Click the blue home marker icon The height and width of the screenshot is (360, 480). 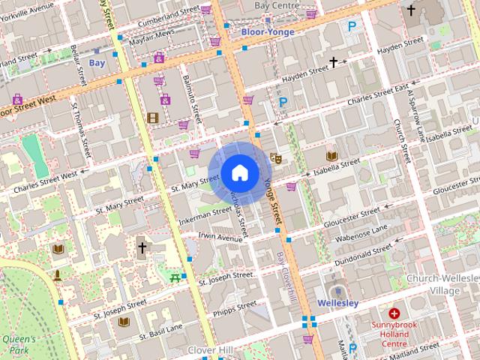click(238, 172)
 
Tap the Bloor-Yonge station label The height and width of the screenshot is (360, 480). click(267, 33)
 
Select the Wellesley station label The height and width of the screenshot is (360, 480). click(338, 303)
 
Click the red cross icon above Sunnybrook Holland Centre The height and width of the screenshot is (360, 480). click(394, 313)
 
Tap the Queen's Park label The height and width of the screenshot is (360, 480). click(14, 344)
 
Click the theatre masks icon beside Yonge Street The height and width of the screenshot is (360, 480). click(276, 159)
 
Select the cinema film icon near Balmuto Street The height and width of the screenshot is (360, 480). click(153, 117)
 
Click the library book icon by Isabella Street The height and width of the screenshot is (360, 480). click(331, 155)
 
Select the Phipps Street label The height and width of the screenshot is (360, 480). click(235, 308)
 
